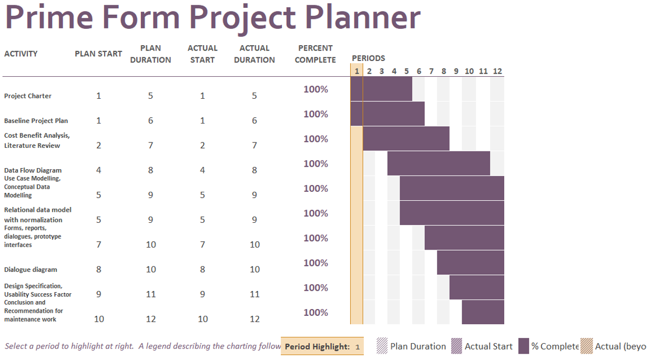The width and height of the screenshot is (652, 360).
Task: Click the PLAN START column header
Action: coord(98,54)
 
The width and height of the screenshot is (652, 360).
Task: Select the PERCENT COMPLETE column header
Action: coord(315,54)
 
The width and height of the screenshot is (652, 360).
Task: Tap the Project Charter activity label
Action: coord(28,96)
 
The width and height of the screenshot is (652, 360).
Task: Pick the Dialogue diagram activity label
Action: coord(30,270)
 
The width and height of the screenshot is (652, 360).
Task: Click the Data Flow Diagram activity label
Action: coord(33,170)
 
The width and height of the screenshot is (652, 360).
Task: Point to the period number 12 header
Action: coord(497,71)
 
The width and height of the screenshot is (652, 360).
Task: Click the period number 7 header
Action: coord(431,71)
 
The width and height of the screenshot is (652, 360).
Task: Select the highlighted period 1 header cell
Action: coord(356,71)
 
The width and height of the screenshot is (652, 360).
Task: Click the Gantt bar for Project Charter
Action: coord(381,89)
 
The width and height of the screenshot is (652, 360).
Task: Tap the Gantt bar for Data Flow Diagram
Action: coord(439,163)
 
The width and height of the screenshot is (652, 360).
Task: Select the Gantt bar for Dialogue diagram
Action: coord(470,262)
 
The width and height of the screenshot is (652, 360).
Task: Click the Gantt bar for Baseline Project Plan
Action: coord(388,114)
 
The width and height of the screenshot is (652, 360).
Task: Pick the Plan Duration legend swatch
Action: coord(382,346)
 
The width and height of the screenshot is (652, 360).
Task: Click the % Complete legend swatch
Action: coord(523,346)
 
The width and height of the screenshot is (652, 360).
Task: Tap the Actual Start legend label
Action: coord(488,346)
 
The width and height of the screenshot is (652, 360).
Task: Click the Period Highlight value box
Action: coord(358,346)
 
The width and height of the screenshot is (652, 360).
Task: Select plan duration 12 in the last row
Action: coord(150,319)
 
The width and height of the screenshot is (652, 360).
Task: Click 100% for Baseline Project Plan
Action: coord(315,114)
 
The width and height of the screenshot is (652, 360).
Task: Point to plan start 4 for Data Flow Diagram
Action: coord(98,170)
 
